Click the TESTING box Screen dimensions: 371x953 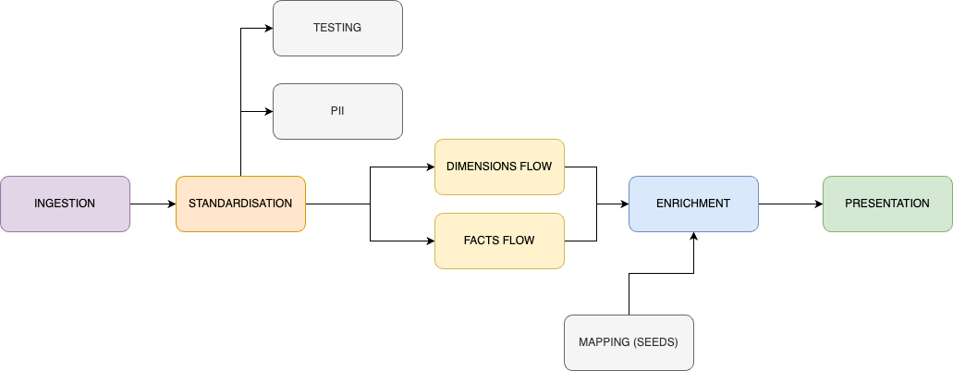click(337, 28)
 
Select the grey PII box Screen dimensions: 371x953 click(337, 111)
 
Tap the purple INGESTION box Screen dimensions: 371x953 click(65, 204)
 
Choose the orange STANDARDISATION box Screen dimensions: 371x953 click(240, 204)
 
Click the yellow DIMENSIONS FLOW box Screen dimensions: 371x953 click(499, 167)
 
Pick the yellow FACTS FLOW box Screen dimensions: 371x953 click(499, 241)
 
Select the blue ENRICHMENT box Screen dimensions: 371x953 click(693, 204)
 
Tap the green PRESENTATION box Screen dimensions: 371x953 click(887, 204)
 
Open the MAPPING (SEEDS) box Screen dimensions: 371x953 click(629, 342)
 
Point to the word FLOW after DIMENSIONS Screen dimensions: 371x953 click(538, 167)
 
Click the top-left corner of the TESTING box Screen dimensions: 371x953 click(275, 2)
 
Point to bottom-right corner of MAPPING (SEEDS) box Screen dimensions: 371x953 click(691, 368)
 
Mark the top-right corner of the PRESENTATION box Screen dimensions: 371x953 click(950, 178)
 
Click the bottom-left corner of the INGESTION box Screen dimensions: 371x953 click(2, 229)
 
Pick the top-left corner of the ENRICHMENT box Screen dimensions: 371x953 click(630, 178)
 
